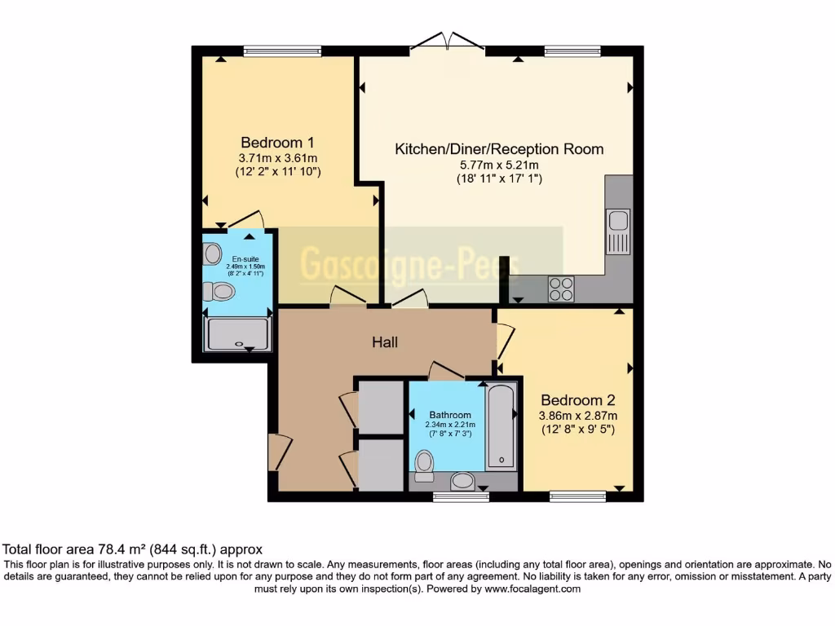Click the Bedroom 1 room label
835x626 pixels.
tap(277, 141)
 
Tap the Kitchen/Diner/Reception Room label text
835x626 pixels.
tap(499, 149)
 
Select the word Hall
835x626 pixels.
tap(385, 342)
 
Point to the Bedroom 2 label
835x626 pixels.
tap(577, 400)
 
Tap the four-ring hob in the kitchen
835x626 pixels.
tap(561, 289)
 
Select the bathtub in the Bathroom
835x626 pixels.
tap(501, 426)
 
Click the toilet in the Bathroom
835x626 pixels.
tap(424, 464)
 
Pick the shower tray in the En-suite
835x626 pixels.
tap(237, 334)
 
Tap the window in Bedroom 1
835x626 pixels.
tap(282, 51)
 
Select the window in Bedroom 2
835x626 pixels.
tap(577, 496)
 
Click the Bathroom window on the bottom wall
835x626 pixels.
tap(461, 496)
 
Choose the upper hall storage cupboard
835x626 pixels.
tap(380, 407)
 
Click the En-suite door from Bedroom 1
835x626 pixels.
tap(245, 221)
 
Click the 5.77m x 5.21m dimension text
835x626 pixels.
tap(499, 165)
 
